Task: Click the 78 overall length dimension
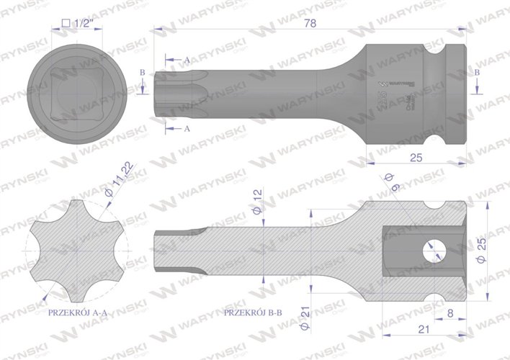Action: coord(309,23)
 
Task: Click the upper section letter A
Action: coord(187,58)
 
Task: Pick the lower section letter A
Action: coord(187,128)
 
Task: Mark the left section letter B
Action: coord(143,73)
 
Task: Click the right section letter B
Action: coord(477,73)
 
